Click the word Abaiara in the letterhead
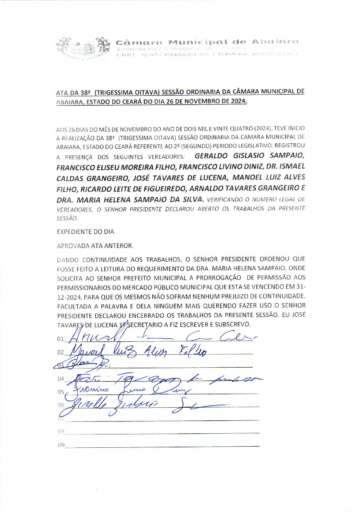[x=275, y=42]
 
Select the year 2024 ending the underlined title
[x=238, y=101]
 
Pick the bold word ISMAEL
[x=292, y=167]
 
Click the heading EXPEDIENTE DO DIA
[x=86, y=232]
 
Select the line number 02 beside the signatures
[x=61, y=352]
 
